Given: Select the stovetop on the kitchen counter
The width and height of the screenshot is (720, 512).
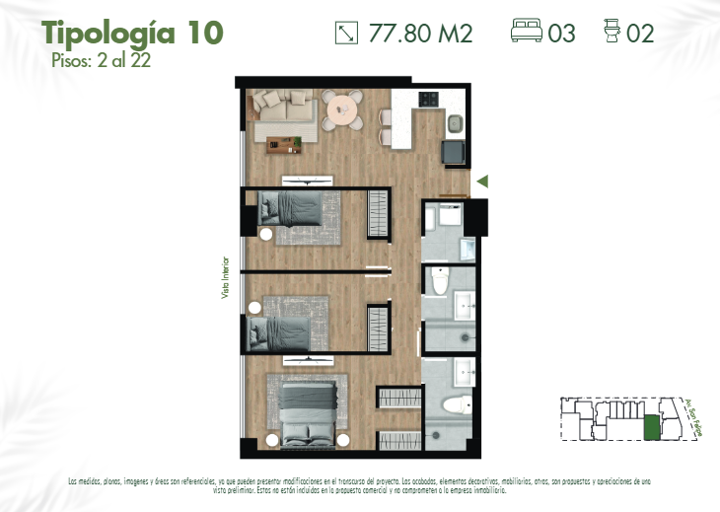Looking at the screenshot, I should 429,99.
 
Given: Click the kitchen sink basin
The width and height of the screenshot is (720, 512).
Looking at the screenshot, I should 455,124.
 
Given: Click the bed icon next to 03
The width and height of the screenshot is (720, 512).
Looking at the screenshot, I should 527,33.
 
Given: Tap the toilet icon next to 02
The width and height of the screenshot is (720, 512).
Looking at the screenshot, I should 612,33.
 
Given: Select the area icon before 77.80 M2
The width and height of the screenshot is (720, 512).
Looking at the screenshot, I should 346,33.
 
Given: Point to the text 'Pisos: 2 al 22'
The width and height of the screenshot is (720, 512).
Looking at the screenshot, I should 100,59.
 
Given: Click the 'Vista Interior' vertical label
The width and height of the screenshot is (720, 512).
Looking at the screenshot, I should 225,285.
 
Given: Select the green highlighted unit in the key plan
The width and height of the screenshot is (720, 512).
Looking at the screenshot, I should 651,428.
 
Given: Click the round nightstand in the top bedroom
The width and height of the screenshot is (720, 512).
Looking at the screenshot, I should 266,234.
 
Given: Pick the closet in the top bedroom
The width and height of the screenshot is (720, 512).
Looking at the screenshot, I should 379,213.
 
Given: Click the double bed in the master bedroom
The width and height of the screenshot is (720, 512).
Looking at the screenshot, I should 307,413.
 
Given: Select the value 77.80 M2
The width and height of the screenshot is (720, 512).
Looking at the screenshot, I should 420,34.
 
